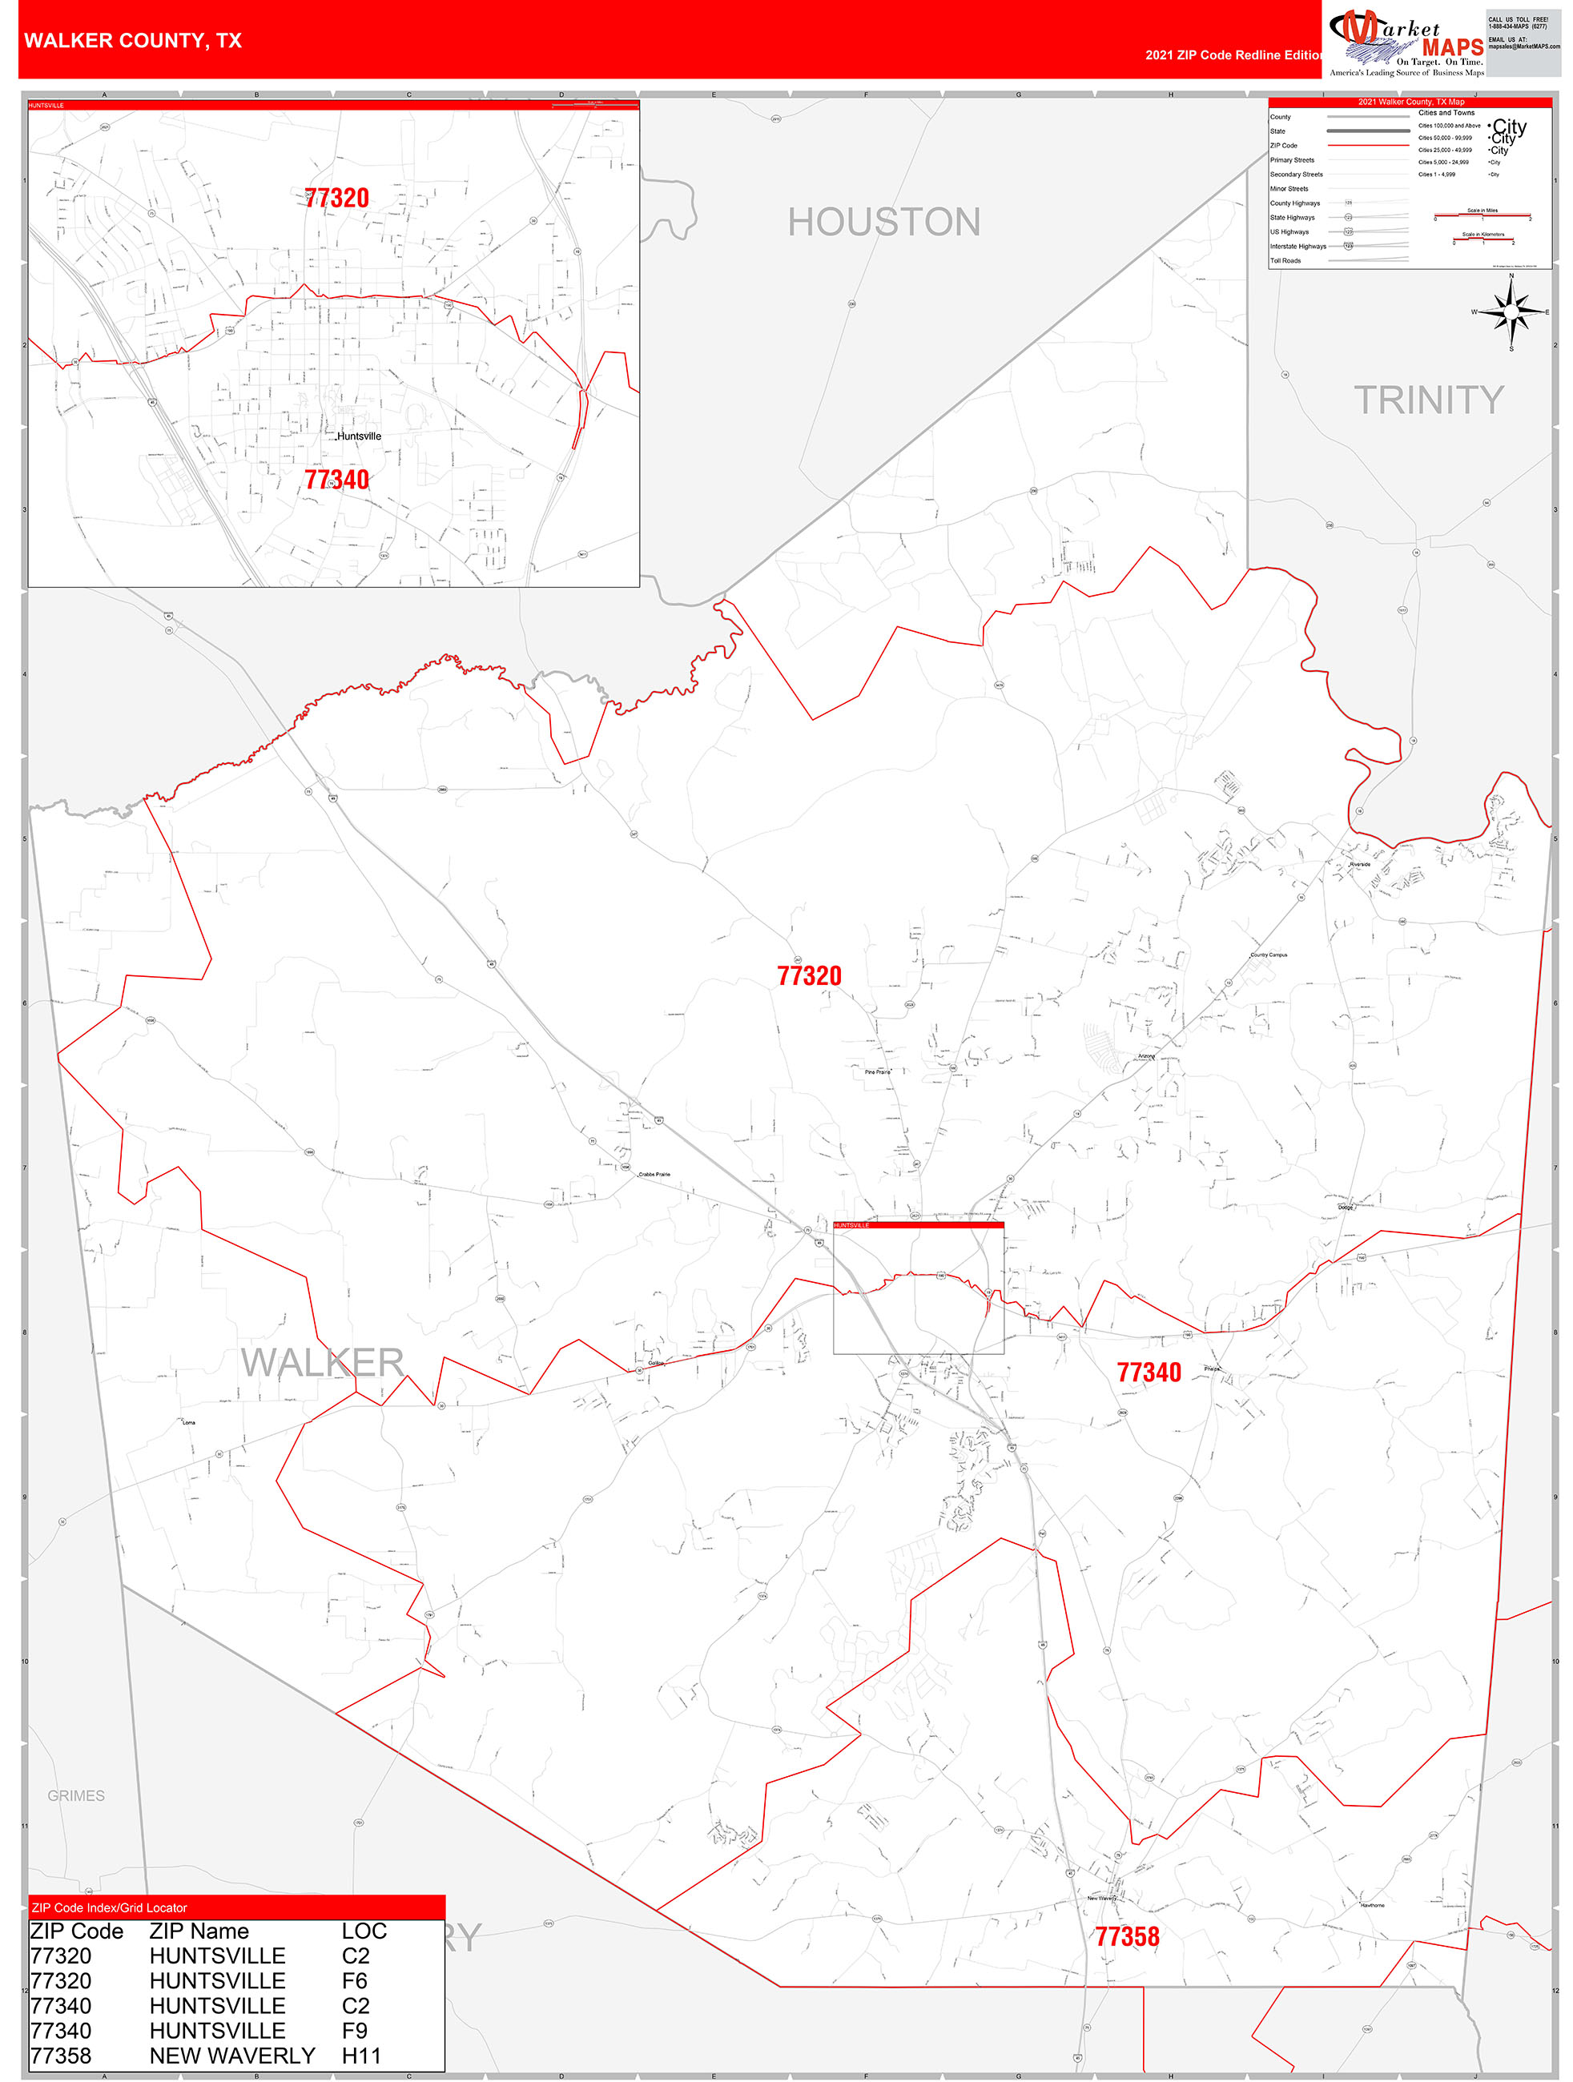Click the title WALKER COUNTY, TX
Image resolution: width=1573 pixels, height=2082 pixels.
pos(133,41)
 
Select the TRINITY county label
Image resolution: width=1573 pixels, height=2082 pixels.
pos(1428,400)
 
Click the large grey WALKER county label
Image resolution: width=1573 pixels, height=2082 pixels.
pos(323,1362)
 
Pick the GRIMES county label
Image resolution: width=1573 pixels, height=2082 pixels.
pos(76,1795)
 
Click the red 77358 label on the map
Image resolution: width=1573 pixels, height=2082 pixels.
pos(1127,1936)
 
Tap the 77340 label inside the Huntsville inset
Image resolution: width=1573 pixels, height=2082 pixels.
pos(336,480)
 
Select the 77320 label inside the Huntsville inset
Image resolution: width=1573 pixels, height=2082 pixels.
pos(336,198)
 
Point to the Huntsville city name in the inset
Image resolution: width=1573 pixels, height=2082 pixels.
pos(359,436)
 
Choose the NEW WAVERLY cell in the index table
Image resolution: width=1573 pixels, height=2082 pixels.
pos(232,2055)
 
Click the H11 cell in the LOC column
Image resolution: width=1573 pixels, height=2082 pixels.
pos(361,2055)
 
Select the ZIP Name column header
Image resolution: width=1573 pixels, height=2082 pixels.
pos(199,1931)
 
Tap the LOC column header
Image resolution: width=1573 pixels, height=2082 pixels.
pos(364,1931)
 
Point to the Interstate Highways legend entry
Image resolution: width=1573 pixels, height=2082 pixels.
pos(1297,247)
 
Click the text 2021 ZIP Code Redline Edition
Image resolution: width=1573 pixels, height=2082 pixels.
pos(1233,55)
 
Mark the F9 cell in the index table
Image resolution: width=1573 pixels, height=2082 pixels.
pos(355,2030)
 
